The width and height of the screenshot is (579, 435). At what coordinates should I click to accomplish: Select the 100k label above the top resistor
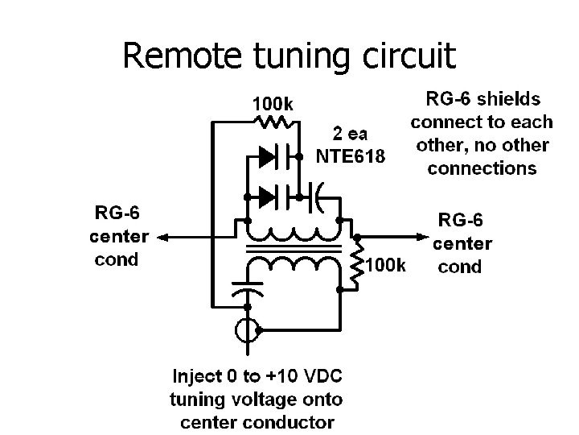click(273, 104)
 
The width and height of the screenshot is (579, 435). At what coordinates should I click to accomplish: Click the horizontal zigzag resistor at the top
click(276, 122)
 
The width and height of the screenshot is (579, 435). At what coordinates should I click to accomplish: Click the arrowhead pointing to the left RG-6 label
click(162, 237)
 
